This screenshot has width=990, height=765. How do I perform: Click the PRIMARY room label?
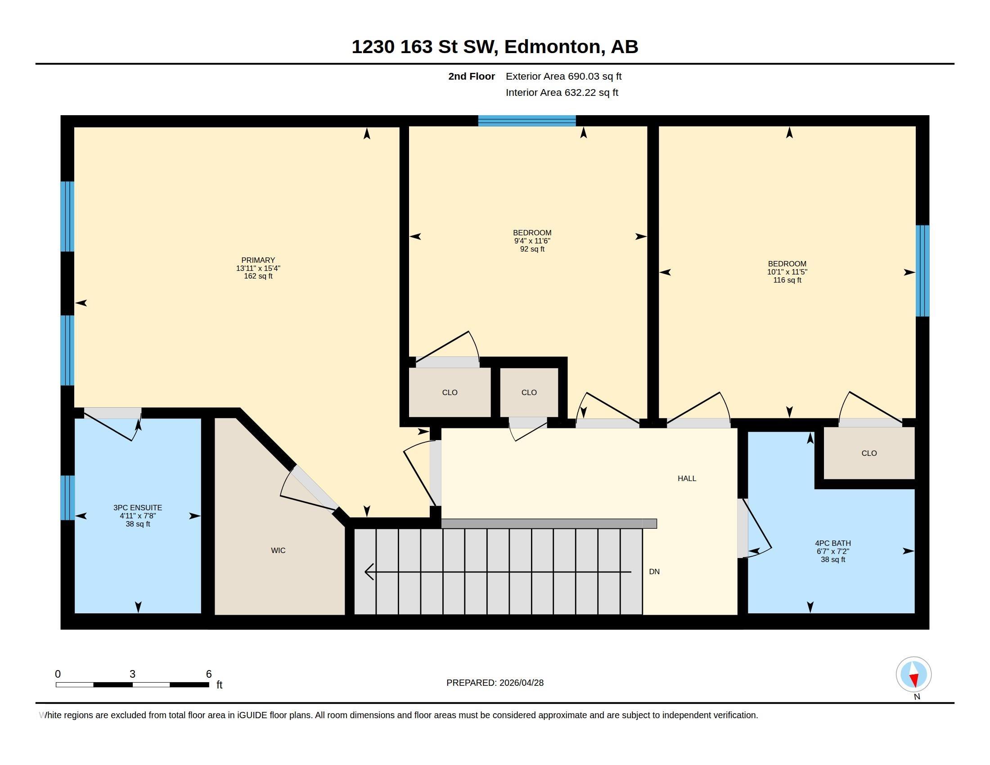point(258,260)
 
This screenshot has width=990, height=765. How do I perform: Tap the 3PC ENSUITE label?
point(138,508)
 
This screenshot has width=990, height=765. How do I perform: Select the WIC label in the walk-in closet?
point(278,550)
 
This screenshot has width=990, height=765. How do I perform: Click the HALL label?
point(687,478)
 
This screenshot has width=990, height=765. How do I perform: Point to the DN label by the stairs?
point(654,571)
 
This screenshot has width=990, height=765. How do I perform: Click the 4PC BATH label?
point(832,543)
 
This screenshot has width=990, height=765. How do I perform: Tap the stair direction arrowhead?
point(369,571)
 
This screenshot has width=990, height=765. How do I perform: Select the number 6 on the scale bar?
point(209,674)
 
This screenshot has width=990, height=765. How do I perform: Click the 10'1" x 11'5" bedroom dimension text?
point(787,272)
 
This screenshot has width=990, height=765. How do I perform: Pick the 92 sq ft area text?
point(532,249)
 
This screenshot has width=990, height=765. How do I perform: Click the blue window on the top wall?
point(527,121)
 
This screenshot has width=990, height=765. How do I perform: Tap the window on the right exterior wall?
point(922,270)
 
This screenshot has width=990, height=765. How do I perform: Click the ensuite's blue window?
point(67,498)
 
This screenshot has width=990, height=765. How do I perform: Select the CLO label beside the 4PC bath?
point(869,453)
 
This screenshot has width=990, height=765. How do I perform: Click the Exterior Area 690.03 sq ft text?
point(563,76)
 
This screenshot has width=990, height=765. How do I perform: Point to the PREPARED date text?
point(495,683)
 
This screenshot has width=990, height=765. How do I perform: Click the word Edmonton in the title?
point(552,47)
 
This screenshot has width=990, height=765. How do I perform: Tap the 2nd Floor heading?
point(472,76)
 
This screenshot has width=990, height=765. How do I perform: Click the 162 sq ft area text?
point(258,276)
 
